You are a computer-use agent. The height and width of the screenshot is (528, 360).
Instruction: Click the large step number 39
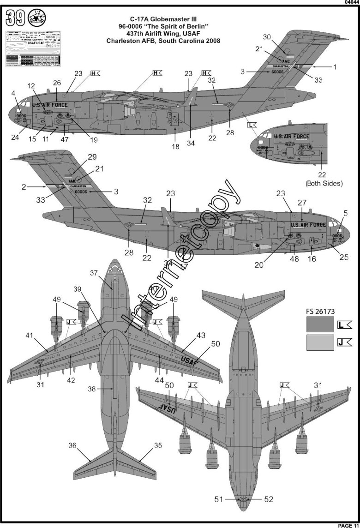pyautogui.click(x=16, y=19)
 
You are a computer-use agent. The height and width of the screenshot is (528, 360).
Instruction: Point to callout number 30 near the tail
pyautogui.click(x=279, y=37)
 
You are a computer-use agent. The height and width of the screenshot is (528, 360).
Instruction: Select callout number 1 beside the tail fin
pyautogui.click(x=335, y=66)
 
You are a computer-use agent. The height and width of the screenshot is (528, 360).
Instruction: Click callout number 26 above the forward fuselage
pyautogui.click(x=57, y=83)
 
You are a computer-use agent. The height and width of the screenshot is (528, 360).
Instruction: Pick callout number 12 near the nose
pyautogui.click(x=31, y=86)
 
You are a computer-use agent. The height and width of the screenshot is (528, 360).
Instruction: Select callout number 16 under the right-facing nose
pyautogui.click(x=312, y=259)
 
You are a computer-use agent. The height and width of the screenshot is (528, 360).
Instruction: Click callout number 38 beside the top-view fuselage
pyautogui.click(x=92, y=389)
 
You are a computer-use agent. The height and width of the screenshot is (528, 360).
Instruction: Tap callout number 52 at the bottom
pyautogui.click(x=269, y=499)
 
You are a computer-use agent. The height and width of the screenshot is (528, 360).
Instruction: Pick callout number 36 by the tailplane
pyautogui.click(x=72, y=446)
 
